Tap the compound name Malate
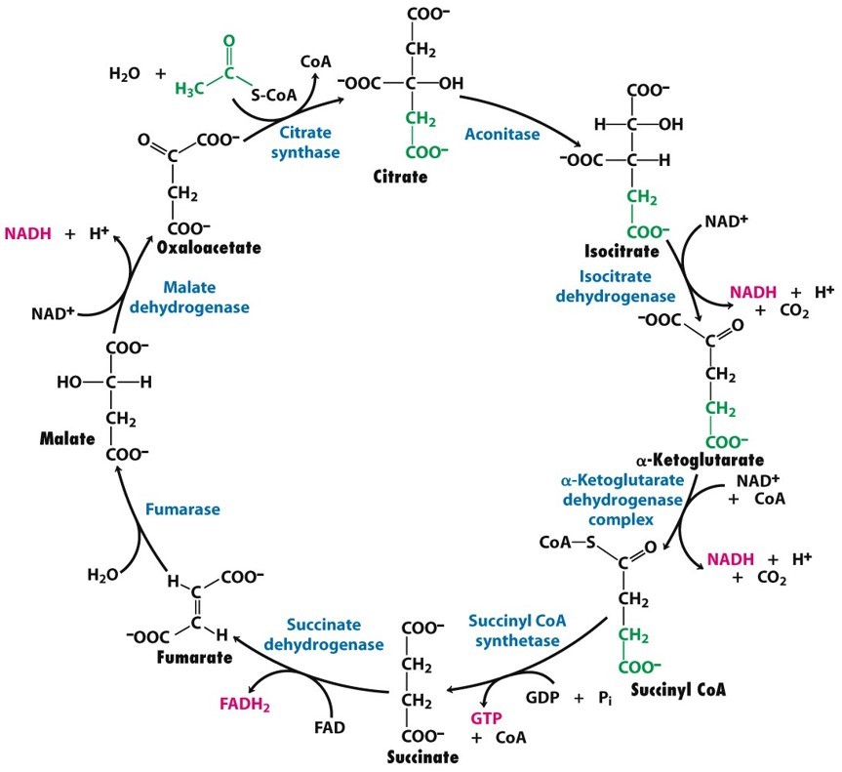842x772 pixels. click(66, 439)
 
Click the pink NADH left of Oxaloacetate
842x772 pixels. click(26, 234)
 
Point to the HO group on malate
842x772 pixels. click(70, 383)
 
